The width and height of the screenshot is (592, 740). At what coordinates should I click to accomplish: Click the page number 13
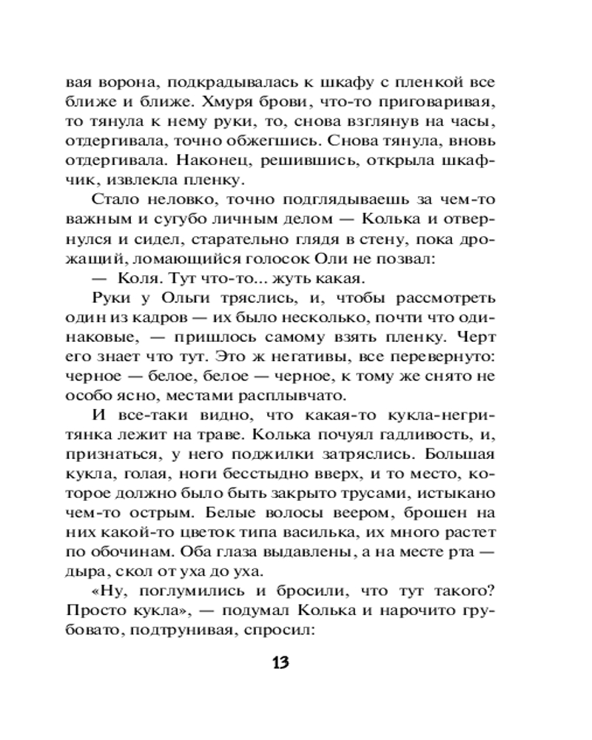point(280,661)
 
